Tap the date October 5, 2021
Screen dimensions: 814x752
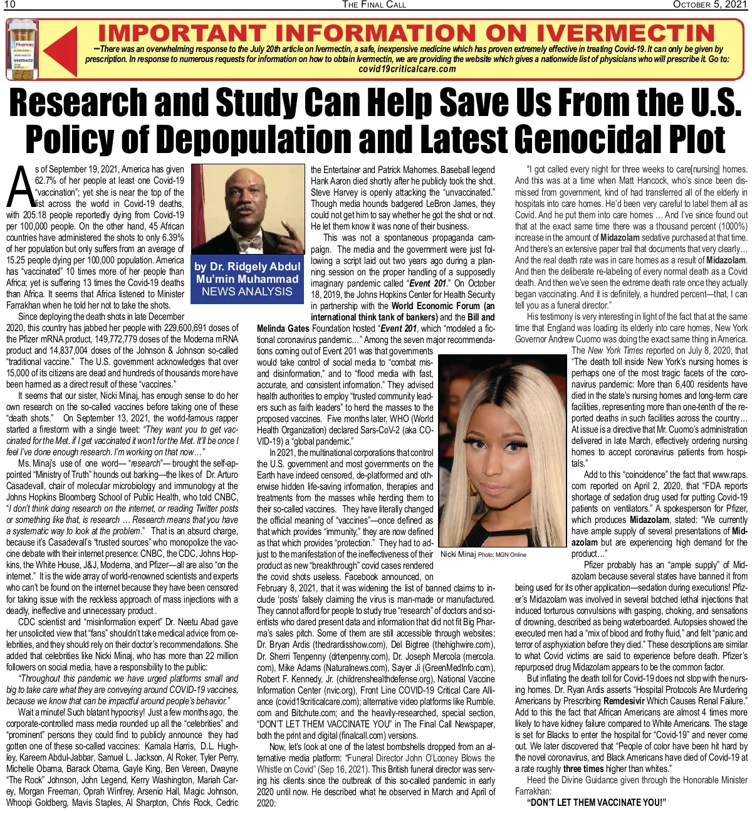point(709,4)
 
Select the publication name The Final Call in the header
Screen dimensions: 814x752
point(374,4)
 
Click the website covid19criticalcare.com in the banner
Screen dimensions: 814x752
point(407,69)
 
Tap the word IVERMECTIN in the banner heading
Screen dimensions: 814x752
point(627,33)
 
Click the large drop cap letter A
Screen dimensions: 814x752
point(20,186)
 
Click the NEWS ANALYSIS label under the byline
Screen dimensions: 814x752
point(247,292)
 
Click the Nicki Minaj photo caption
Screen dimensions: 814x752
point(458,554)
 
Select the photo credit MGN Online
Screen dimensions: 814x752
point(512,555)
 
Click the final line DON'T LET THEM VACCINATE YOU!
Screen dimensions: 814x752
point(596,803)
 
